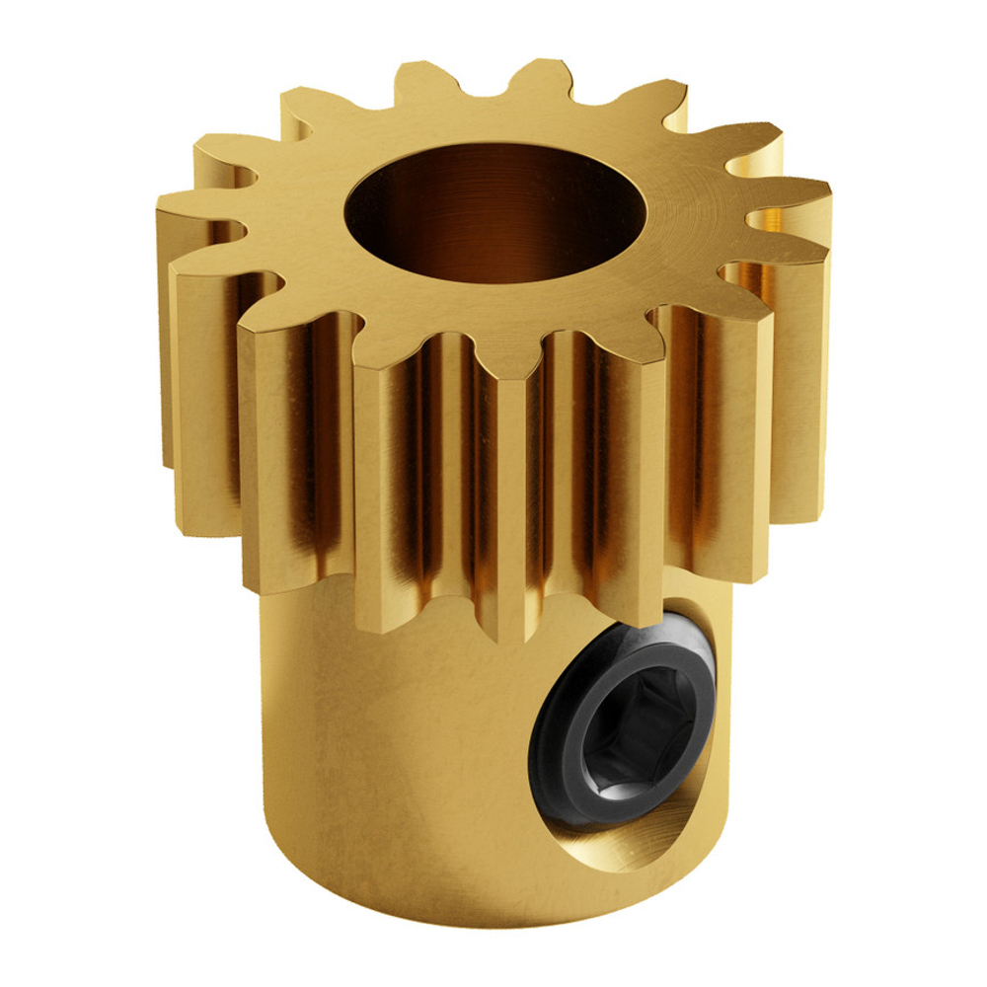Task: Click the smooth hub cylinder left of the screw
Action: pos(395,750)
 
